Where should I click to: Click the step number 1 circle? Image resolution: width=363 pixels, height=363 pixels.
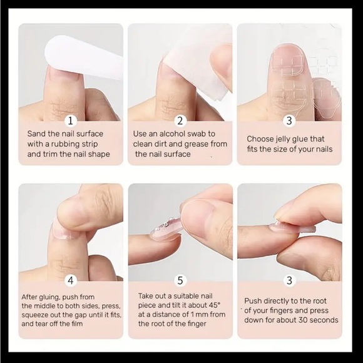point(70,121)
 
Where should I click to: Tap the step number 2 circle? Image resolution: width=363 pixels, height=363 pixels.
point(180,121)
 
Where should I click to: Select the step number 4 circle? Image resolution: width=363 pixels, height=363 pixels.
point(70,280)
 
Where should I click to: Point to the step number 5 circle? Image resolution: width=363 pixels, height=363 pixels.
point(180,280)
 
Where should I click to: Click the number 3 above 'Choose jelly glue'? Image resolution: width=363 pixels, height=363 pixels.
point(289,121)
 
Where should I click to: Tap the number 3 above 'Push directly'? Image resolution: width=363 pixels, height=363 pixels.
point(289,280)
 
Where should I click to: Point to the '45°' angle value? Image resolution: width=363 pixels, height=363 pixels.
point(214,305)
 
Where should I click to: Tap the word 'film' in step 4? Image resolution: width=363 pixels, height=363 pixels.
point(76,324)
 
